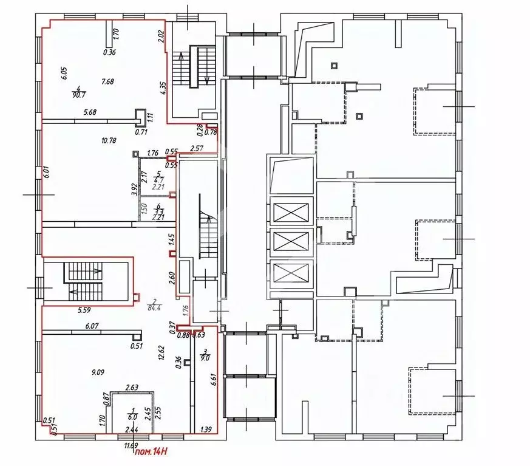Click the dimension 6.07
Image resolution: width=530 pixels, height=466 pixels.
tap(92, 326)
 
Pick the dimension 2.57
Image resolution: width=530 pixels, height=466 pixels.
tap(195, 148)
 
